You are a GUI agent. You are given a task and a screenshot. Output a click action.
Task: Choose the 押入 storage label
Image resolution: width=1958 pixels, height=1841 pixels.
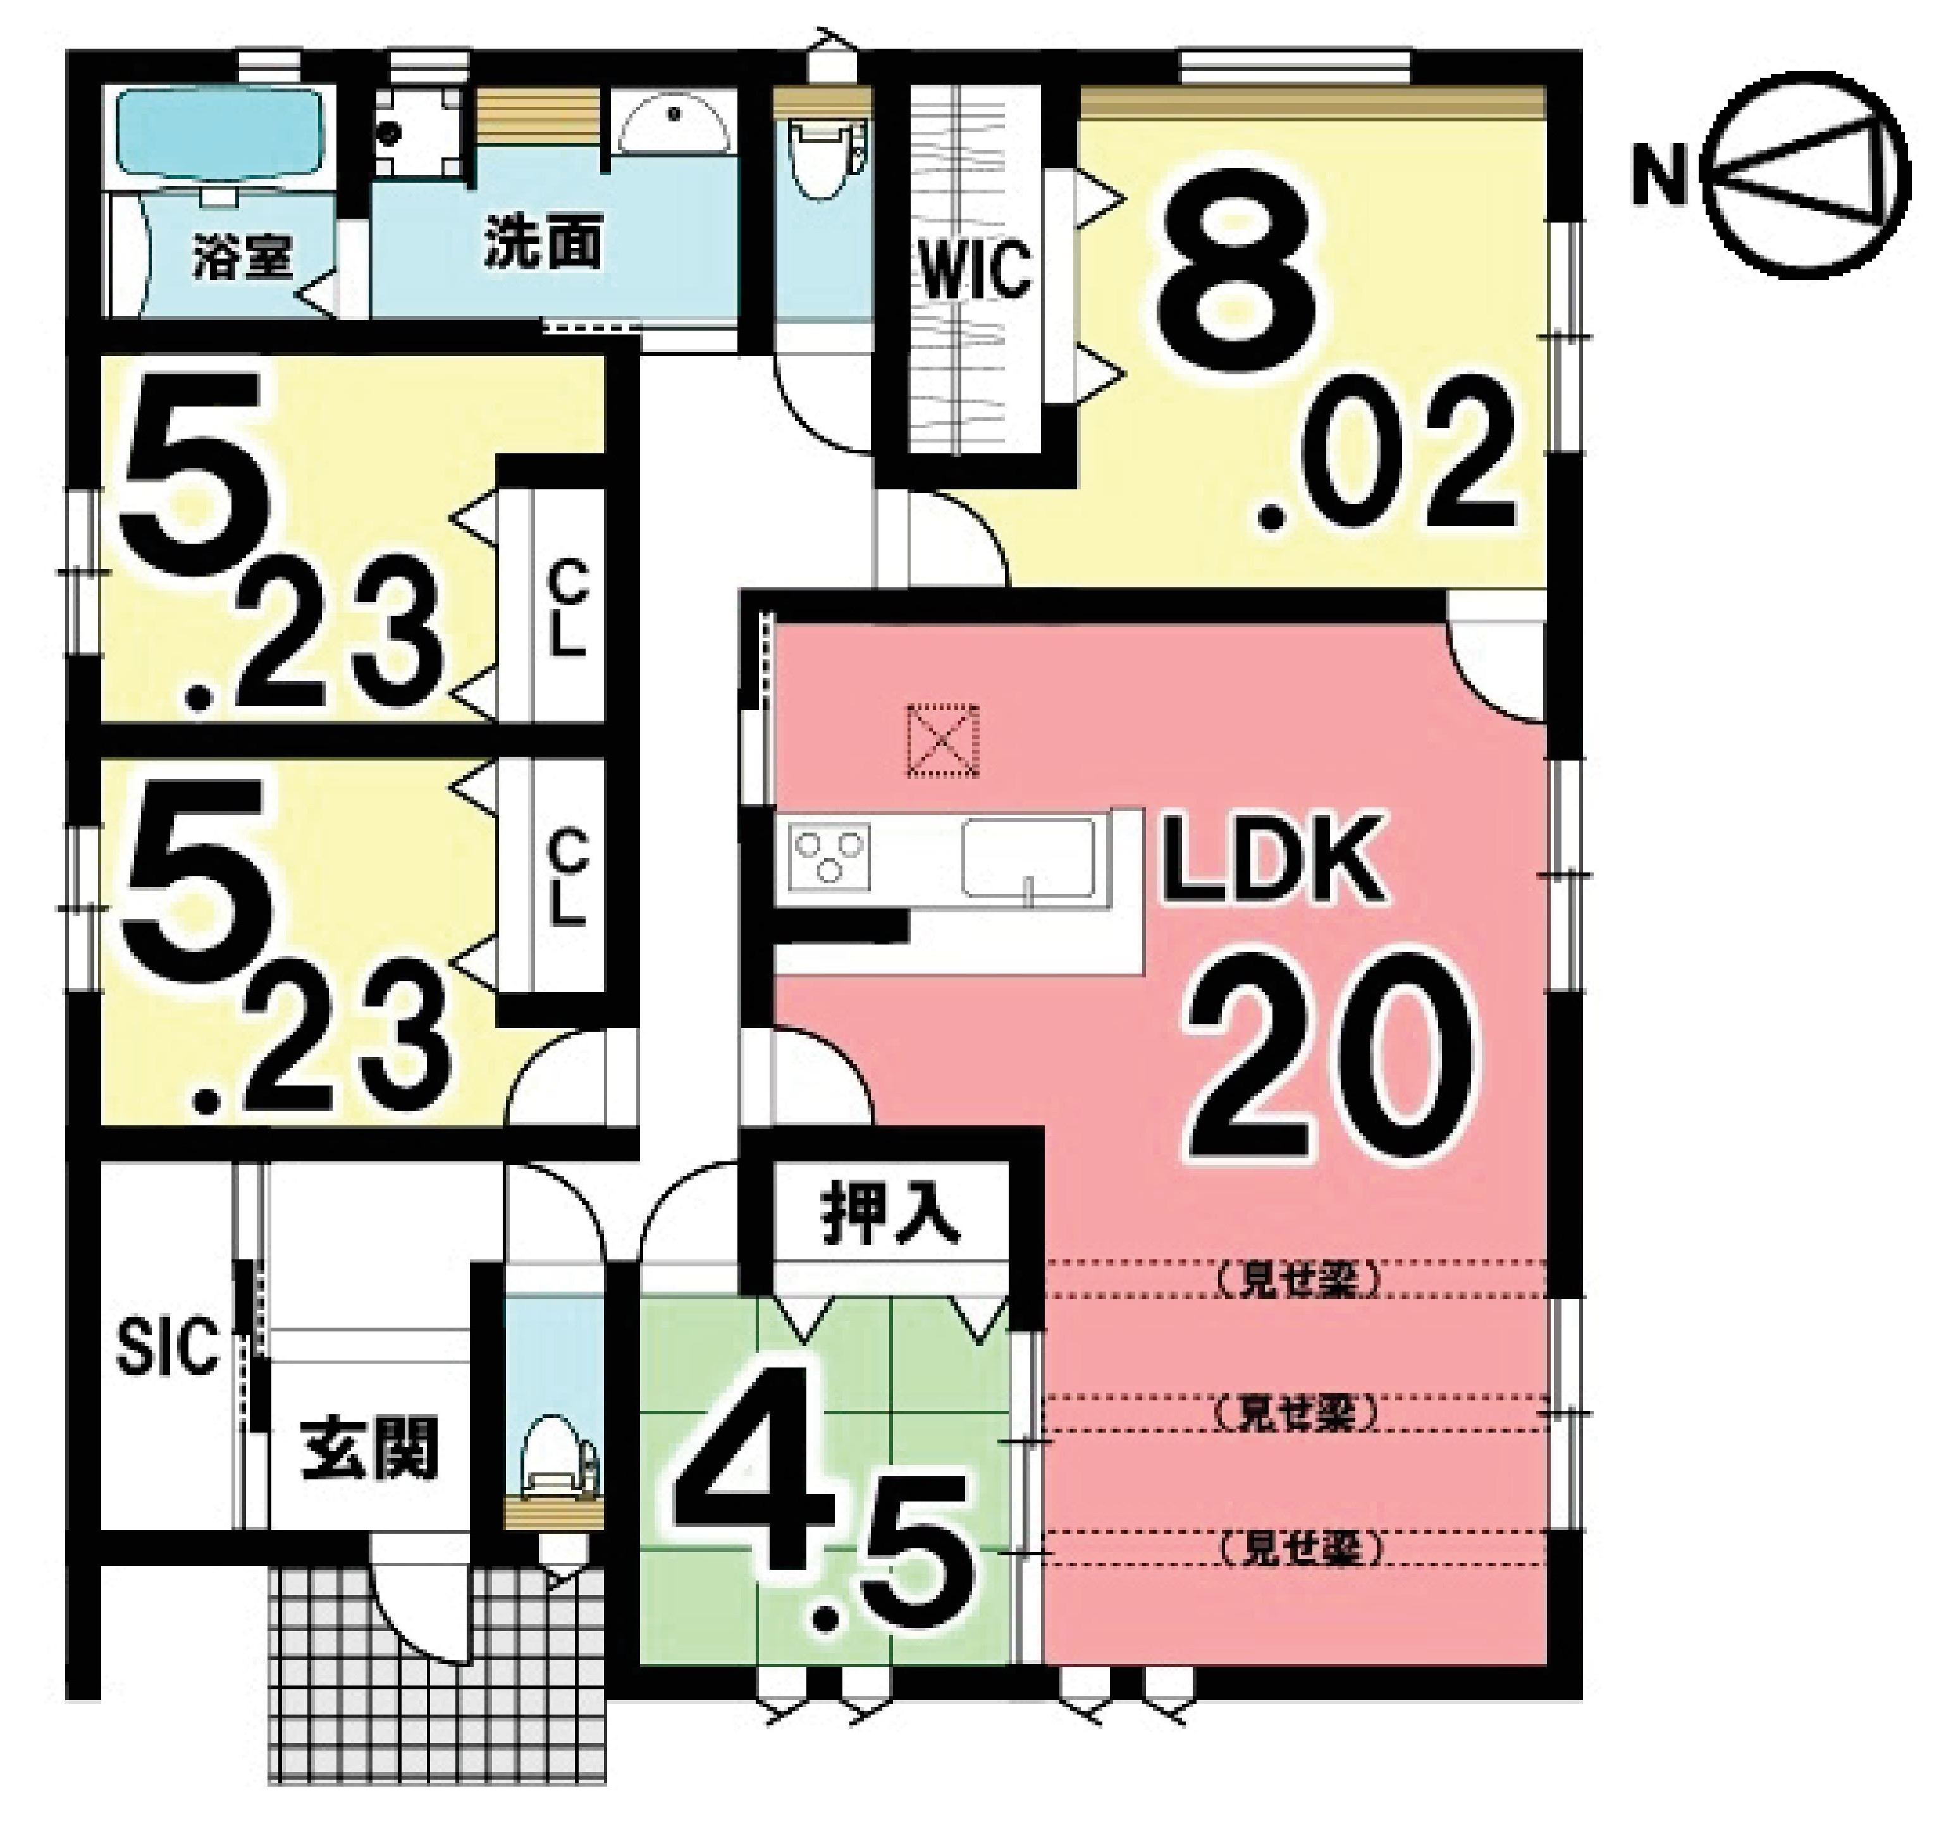click(889, 1221)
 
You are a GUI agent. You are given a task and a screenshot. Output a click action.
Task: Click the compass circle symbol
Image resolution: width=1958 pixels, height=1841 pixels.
click(1804, 175)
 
